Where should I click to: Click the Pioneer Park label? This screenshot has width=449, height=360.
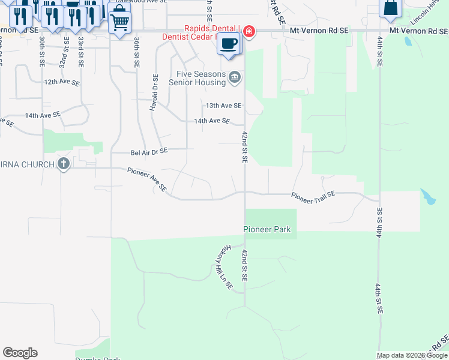(x=267, y=229)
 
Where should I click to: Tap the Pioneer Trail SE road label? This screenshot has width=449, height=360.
(x=313, y=195)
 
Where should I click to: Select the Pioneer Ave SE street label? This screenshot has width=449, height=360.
(x=146, y=179)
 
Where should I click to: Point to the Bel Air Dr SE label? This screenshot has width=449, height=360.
(x=149, y=153)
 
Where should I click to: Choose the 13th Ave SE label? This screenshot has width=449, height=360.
(x=223, y=106)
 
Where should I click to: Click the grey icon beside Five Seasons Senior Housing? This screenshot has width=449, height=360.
(x=235, y=76)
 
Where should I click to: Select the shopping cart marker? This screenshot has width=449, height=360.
(x=120, y=22)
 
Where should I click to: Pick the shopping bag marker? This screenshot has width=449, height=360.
(x=390, y=8)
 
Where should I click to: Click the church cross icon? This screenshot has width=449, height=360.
(x=64, y=164)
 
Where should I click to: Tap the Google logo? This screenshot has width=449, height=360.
(x=20, y=353)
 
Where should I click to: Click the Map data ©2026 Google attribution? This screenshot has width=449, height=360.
(x=412, y=355)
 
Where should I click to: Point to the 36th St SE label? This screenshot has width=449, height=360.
(x=137, y=50)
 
